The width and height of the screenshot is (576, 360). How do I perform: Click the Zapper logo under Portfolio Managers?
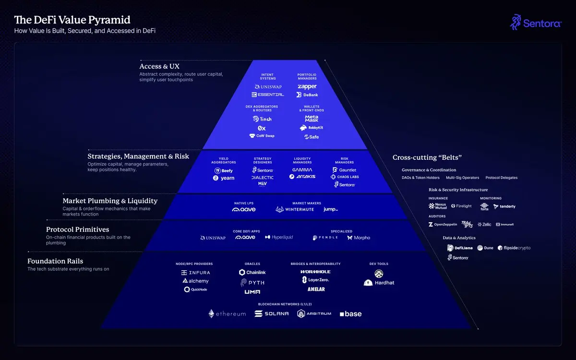tap(307, 86)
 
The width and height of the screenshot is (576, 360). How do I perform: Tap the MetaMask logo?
tap(312, 118)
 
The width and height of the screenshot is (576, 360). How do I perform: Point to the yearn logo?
tap(224, 178)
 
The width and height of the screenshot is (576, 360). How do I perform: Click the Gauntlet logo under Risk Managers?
tap(344, 170)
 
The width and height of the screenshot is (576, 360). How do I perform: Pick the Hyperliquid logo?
tap(279, 237)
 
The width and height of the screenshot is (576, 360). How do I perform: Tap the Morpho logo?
tap(359, 238)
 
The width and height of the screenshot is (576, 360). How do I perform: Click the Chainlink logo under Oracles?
tap(252, 272)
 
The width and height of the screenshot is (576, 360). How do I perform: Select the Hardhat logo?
tap(379, 283)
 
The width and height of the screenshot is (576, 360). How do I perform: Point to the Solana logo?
tap(272, 313)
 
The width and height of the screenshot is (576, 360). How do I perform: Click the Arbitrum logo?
tap(314, 313)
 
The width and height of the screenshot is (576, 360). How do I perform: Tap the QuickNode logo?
tap(196, 289)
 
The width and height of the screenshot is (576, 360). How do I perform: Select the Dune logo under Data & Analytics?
tap(485, 248)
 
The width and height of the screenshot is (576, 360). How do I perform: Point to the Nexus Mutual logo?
tap(438, 206)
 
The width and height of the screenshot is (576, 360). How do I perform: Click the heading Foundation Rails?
tap(55, 261)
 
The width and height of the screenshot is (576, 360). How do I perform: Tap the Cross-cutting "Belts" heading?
tap(427, 157)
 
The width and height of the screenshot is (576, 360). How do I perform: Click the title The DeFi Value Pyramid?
tap(72, 20)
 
